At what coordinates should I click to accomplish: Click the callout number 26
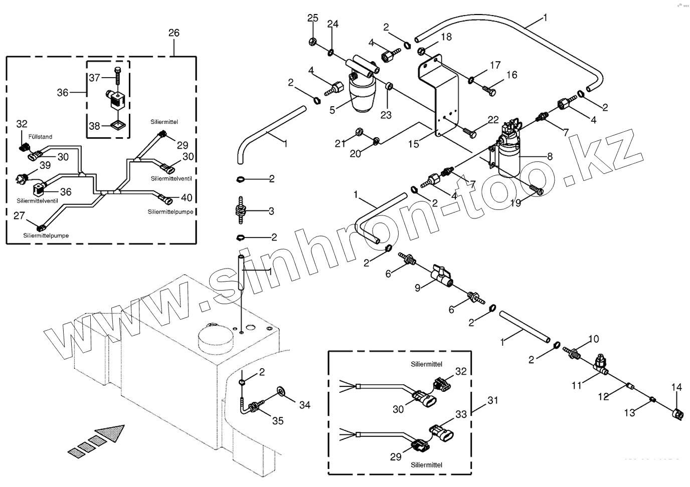point(174,33)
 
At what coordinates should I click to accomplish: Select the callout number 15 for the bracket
point(413,144)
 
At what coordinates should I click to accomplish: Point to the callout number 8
point(550,156)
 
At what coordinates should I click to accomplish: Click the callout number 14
point(676,387)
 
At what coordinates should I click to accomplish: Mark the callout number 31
point(493,400)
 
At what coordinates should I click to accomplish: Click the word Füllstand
point(40,136)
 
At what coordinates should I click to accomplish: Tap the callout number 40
point(187,197)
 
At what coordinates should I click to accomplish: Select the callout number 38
point(94,126)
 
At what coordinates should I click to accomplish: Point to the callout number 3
point(271,211)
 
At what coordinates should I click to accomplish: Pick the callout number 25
point(312,19)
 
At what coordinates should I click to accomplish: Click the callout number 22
point(493,120)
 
